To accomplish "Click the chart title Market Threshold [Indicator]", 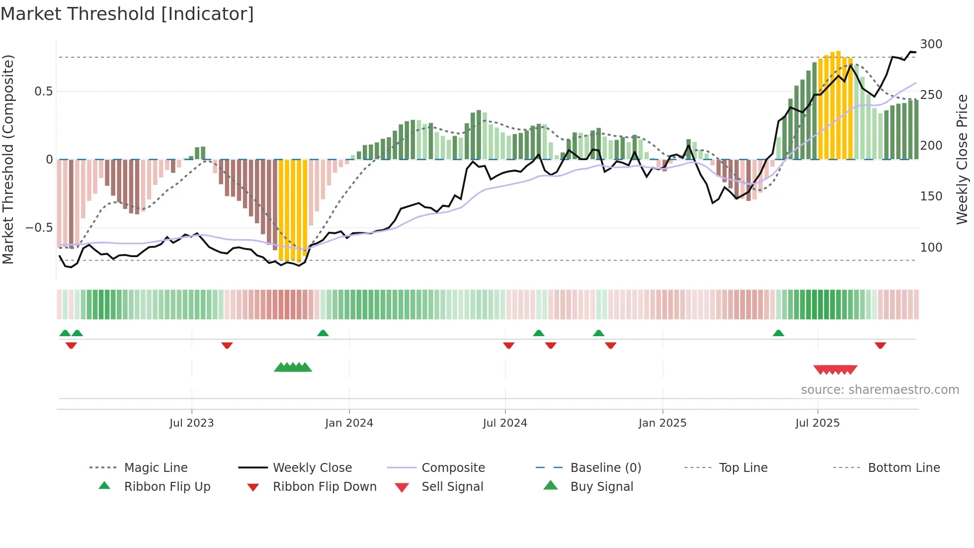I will click(x=127, y=14).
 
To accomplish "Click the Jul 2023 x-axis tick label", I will click(x=191, y=423).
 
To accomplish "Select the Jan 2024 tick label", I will click(x=349, y=423).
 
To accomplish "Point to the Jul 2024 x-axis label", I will click(x=505, y=423).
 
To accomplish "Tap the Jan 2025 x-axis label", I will click(x=662, y=423).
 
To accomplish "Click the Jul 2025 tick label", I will click(x=817, y=423).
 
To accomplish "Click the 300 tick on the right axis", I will click(x=931, y=44).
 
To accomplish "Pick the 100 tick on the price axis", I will click(x=931, y=248).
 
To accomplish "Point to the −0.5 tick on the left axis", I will click(x=39, y=228).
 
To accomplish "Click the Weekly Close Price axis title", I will click(x=962, y=159).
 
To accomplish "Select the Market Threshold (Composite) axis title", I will click(x=8, y=159).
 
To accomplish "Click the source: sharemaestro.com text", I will click(x=880, y=390).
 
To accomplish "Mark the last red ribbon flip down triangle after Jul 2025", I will click(x=880, y=345).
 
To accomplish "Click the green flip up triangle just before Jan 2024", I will click(x=323, y=333).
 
